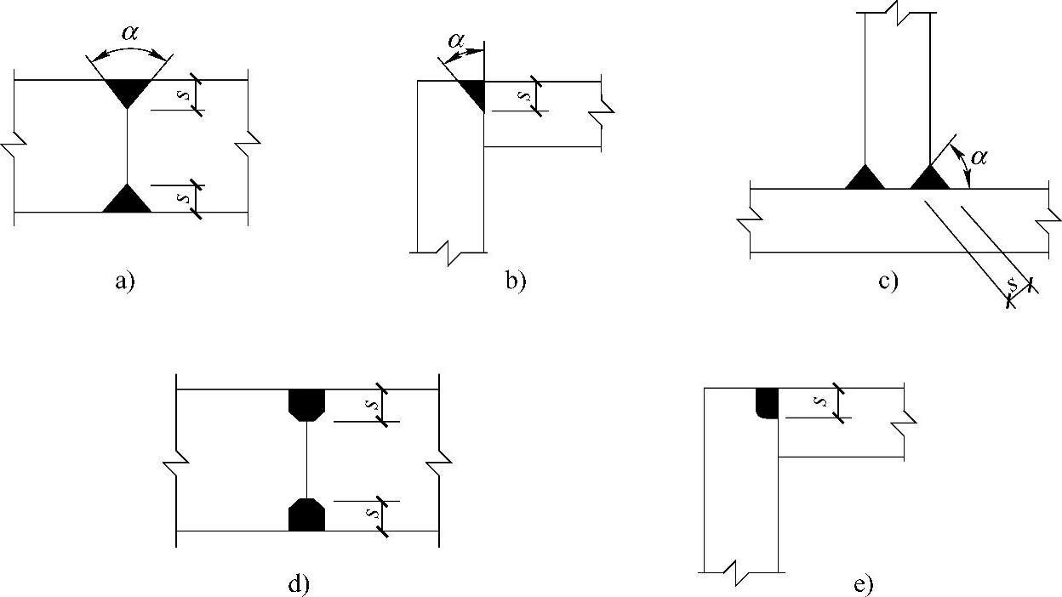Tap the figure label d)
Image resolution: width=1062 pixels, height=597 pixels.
299,584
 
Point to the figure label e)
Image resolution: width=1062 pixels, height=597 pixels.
862,584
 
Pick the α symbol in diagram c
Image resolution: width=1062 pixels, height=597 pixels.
979,157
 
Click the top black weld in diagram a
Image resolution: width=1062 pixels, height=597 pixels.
127,90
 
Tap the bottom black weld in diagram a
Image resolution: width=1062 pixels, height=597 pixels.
127,201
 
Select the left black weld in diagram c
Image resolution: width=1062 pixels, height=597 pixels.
865,179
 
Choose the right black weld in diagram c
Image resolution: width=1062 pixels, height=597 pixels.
928,179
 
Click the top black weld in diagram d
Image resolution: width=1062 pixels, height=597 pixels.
306,403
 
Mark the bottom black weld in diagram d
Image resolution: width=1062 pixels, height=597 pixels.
306,515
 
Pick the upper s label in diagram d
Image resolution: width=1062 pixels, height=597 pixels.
370,405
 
